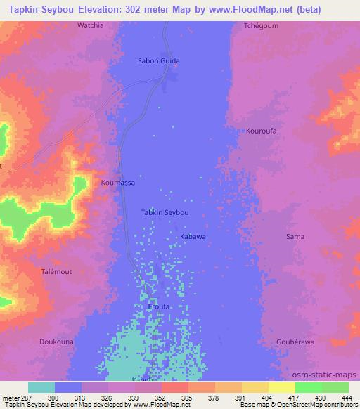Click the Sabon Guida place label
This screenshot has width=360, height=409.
pos(158,61)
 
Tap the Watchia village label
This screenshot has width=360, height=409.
pos(90,26)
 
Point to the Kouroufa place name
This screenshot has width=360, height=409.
pos(262,131)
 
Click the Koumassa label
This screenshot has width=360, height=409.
pos(117,183)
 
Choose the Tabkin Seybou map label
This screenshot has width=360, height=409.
pos(165,212)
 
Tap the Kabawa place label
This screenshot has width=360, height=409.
pos(193,237)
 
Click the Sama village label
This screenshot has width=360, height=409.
pos(295,237)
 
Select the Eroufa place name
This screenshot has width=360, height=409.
pos(159,307)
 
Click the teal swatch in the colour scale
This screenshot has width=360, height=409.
pos(41,387)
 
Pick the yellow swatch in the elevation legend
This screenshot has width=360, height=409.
pos(282,387)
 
